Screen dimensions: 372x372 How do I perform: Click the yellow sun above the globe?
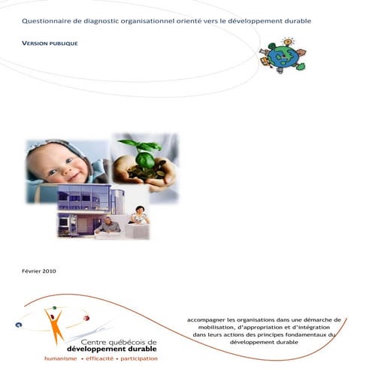287,41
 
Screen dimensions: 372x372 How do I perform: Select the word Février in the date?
29,271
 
